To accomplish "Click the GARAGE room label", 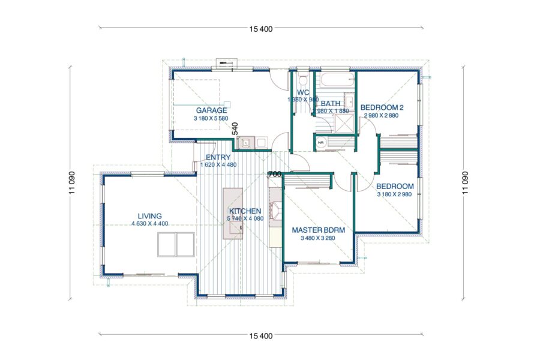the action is (211, 110).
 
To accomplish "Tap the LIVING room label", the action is (150, 216).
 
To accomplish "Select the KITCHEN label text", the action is (245, 211).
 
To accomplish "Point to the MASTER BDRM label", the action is (318, 230).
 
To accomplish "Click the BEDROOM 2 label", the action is (382, 107).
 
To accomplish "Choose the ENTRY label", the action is (218, 157).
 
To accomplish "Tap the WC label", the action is (303, 92).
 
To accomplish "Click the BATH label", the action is (330, 103).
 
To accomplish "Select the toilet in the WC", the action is (303, 79).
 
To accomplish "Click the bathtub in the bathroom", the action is (337, 80).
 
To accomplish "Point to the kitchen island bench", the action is (233, 214).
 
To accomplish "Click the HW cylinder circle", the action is (321, 143).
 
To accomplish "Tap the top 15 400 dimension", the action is (261, 29).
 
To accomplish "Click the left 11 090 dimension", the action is (71, 182).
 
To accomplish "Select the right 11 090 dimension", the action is (465, 182).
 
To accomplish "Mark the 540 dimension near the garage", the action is (235, 128).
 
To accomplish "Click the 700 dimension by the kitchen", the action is (275, 175).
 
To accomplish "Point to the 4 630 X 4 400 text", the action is (150, 224).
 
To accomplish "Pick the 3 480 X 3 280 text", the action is (318, 238).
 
